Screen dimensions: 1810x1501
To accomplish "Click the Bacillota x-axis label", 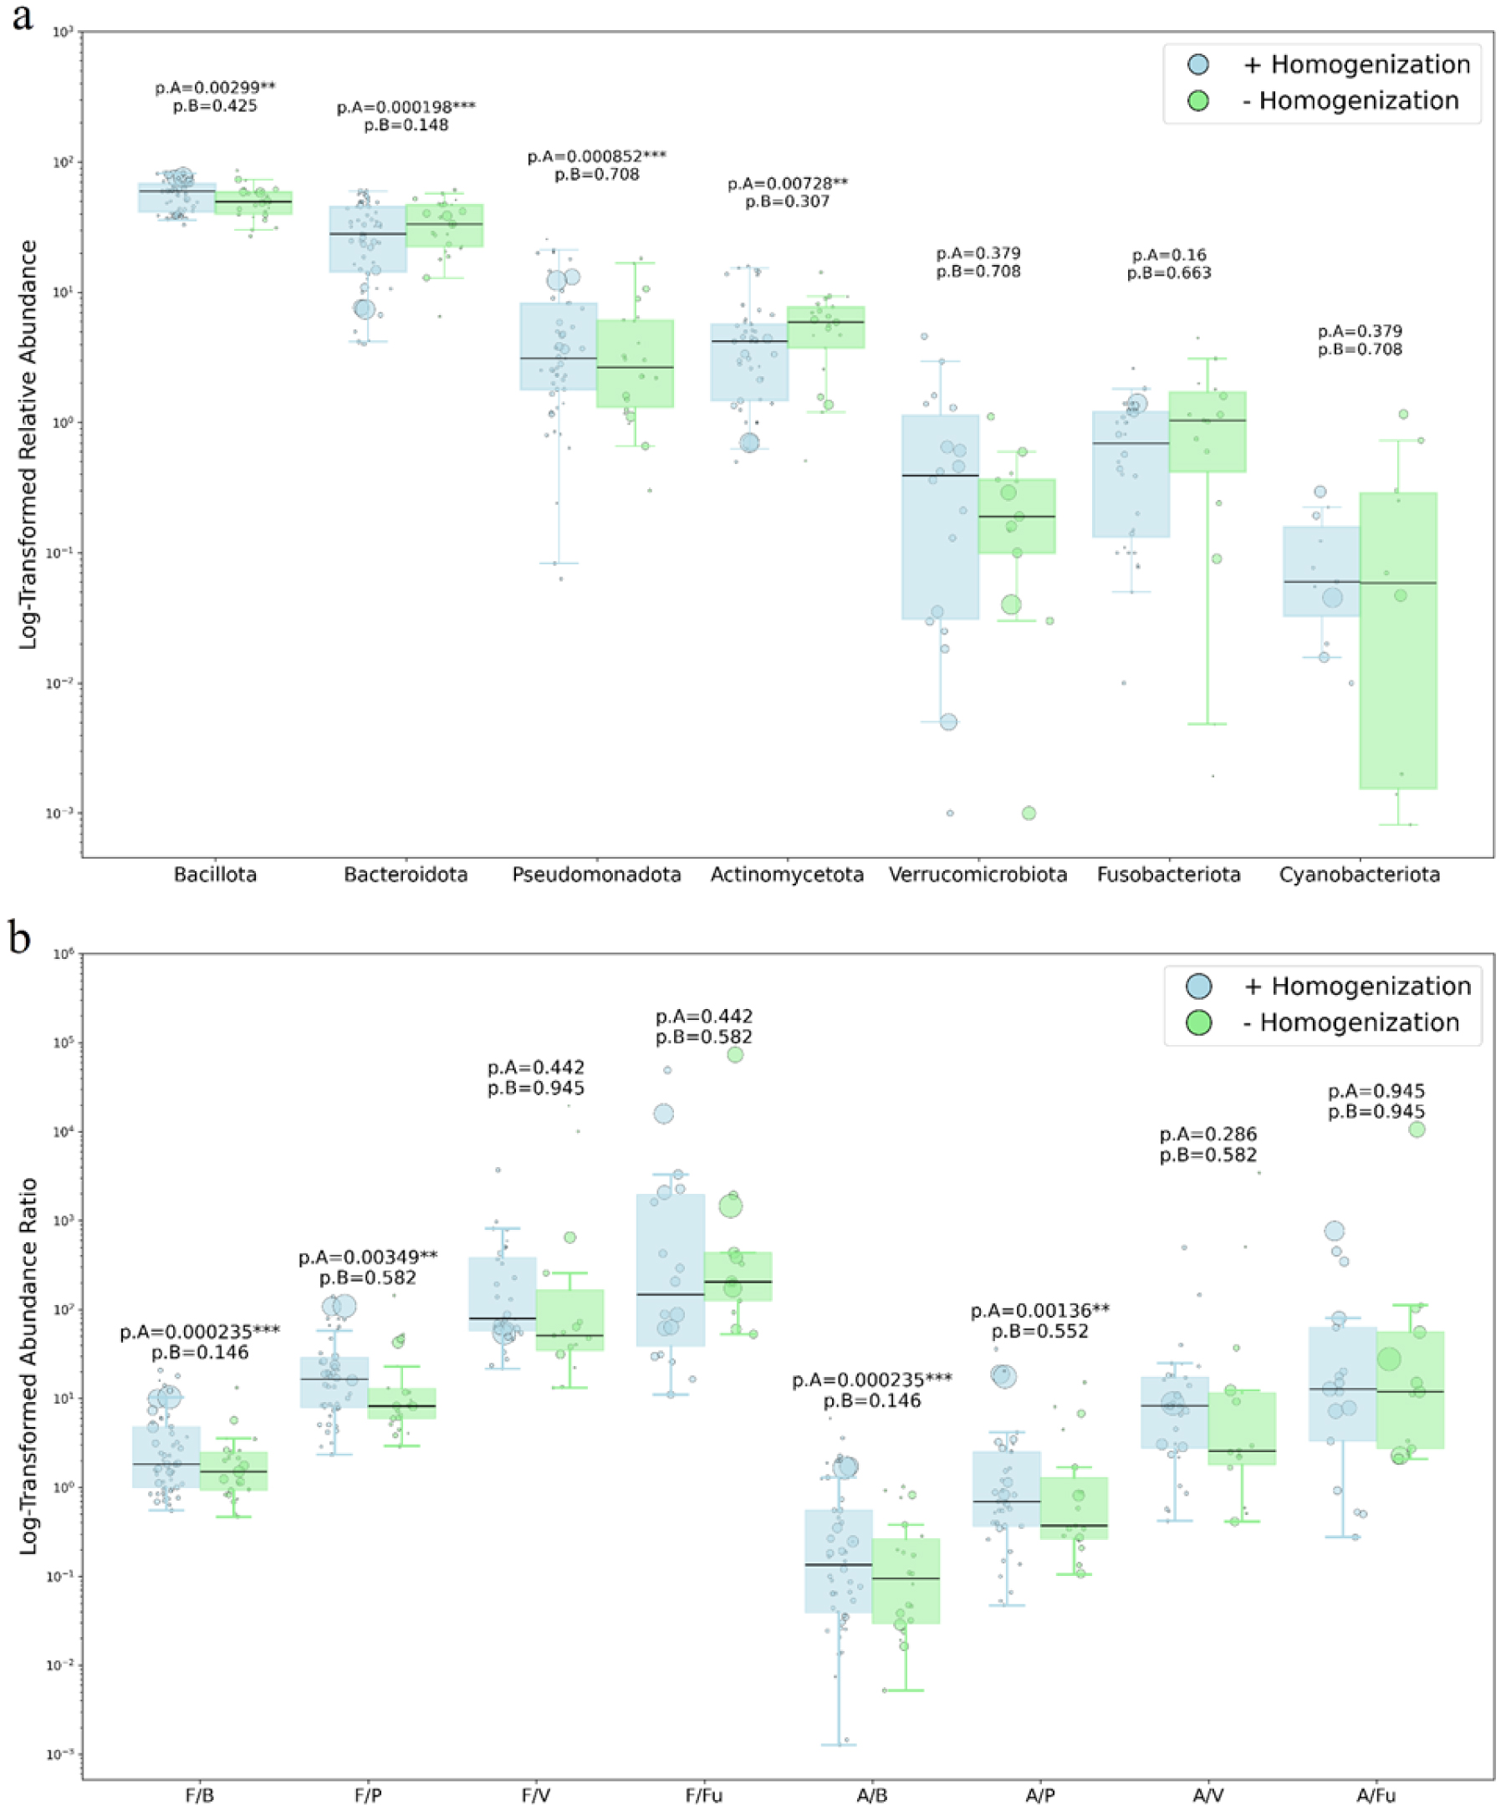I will pos(216,874).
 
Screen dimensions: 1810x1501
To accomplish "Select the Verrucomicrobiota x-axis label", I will pos(978,874).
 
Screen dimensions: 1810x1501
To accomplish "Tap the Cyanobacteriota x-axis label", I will pos(1359,874).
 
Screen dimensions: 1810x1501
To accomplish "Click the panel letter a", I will pos(22,18).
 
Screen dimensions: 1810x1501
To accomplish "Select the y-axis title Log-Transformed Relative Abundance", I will pos(28,444).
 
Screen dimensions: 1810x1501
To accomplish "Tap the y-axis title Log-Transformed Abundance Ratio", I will pos(28,1366).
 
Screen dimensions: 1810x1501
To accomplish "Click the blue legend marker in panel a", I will pos(1198,64).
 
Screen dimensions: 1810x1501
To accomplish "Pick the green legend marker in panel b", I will pos(1198,1023).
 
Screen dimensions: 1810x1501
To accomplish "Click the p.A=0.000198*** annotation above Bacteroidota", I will pos(406,108).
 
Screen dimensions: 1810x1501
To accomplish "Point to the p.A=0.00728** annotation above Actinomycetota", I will pos(787,184).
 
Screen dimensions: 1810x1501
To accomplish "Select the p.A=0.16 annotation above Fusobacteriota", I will pos(1168,255).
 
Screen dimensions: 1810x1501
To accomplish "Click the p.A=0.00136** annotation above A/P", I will pos(1039,1311).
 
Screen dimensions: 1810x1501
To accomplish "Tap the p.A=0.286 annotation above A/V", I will pos(1207,1134).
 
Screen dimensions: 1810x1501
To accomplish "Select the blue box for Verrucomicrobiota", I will pos(940,518).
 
